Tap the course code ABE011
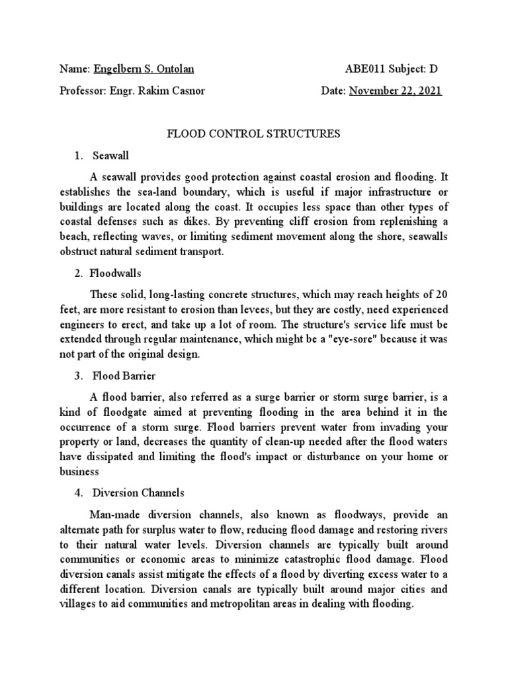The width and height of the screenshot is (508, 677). pyautogui.click(x=363, y=69)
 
